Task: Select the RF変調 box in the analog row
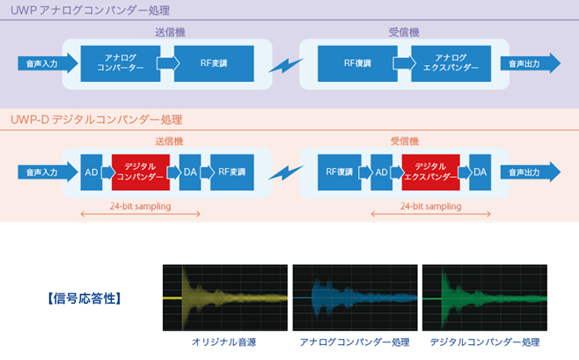pos(214,62)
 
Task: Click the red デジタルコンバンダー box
pos(139,172)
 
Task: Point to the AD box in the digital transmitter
pos(91,172)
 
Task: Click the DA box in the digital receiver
pos(480,172)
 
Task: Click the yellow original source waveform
pos(225,297)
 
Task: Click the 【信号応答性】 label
pos(82,298)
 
